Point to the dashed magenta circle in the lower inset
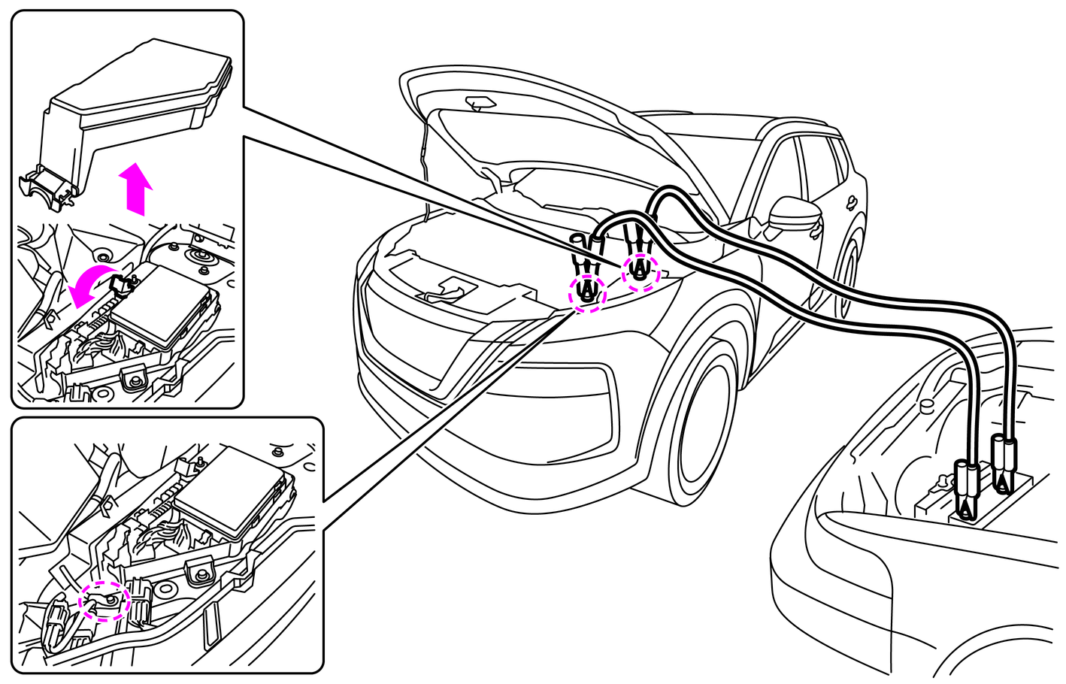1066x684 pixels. click(x=106, y=601)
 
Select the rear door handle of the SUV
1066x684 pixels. click(x=851, y=201)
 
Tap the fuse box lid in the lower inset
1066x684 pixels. click(x=233, y=489)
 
